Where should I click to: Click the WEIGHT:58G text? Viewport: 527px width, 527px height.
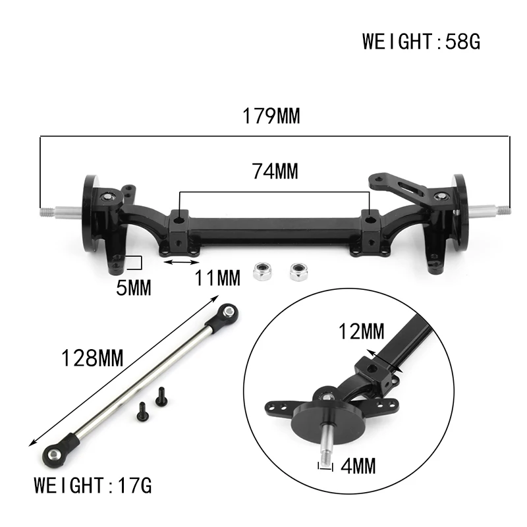421,42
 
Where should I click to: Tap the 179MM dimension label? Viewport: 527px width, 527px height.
271,117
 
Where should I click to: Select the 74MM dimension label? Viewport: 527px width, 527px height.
275,171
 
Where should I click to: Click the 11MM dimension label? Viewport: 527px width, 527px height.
217,279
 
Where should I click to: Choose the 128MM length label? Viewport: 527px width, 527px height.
92,358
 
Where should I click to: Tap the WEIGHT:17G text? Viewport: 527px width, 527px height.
93,486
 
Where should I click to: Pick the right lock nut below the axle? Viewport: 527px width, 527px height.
298,270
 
